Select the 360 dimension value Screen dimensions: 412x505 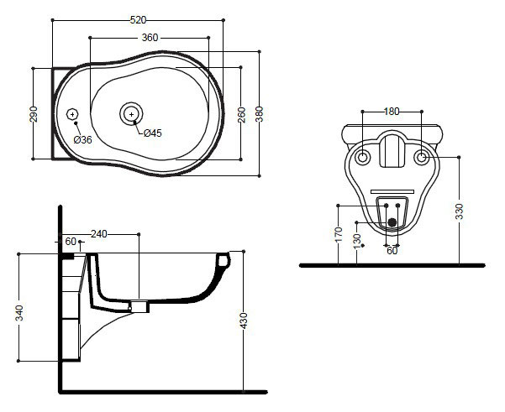click(150, 38)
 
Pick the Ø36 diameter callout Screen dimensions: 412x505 click(82, 139)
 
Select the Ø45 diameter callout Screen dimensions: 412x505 click(153, 133)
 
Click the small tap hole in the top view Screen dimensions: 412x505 click(72, 113)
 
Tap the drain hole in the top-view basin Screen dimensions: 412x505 click(131, 112)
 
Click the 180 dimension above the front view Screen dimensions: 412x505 click(392, 111)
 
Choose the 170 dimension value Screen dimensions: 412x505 click(339, 232)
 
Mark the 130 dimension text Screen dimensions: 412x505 click(359, 241)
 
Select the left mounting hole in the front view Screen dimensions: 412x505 click(363, 158)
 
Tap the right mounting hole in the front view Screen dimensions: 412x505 click(421, 158)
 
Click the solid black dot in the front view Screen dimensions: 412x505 click(391, 222)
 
